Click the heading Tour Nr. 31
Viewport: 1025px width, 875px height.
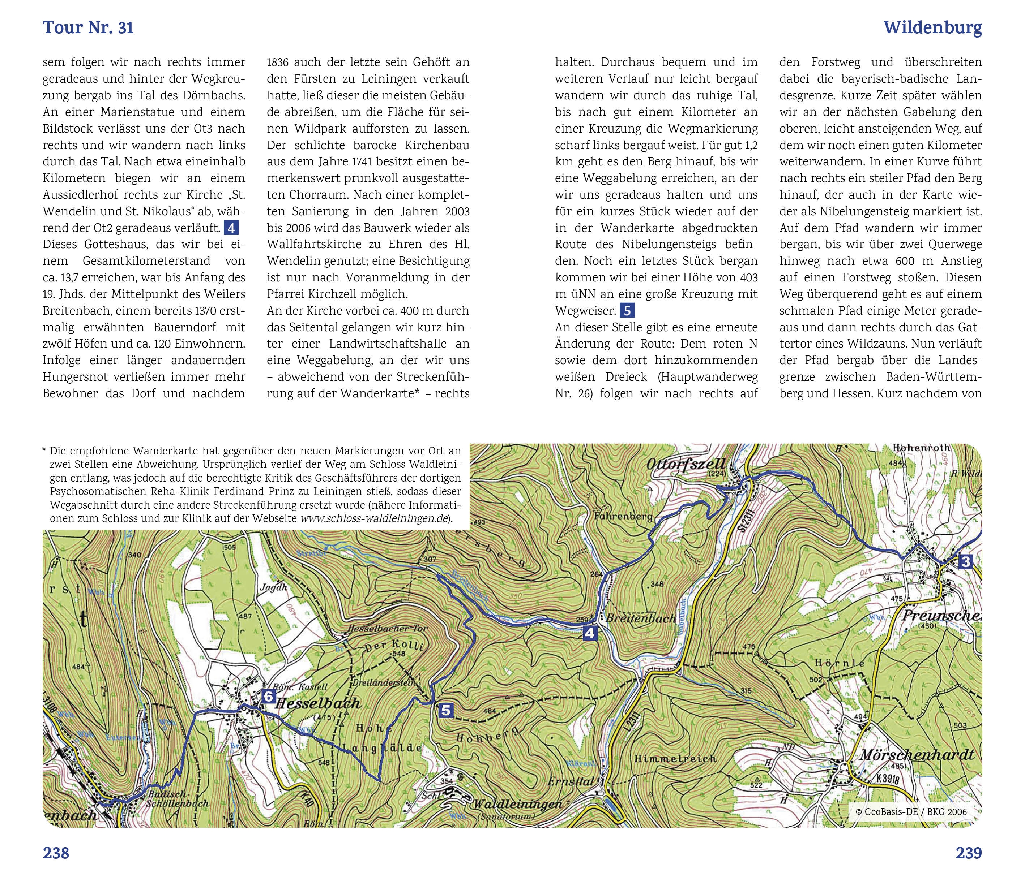click(x=88, y=28)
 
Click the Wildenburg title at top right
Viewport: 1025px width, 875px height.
click(x=932, y=28)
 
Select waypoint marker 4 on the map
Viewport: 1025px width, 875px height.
click(x=590, y=633)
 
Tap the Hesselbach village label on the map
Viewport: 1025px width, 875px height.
click(x=317, y=703)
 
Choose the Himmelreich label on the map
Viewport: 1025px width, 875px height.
click(x=674, y=758)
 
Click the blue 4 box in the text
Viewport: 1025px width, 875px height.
click(x=231, y=228)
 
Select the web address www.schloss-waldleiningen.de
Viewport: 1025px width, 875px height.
click(x=374, y=518)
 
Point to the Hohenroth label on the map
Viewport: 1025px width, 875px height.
click(x=921, y=448)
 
